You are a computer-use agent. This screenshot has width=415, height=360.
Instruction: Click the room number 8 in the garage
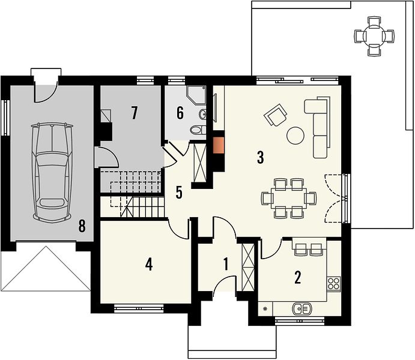(82, 226)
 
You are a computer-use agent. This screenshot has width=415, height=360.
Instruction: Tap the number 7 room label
(134, 113)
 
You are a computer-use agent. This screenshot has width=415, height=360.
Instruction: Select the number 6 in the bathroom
(180, 113)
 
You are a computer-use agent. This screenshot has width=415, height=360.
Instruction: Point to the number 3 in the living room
(261, 157)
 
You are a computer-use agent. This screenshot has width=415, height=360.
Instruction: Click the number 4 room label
(149, 265)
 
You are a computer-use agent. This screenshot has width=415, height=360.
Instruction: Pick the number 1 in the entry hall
(226, 264)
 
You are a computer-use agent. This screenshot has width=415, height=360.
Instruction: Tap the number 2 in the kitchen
(298, 277)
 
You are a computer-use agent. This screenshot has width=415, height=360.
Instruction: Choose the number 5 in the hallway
(179, 192)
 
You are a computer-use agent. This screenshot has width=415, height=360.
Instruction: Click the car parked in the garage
(52, 172)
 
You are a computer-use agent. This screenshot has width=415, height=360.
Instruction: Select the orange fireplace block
(219, 145)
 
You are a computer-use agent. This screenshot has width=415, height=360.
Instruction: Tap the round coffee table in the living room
(295, 136)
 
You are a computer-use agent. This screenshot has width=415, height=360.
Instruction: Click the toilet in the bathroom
(198, 130)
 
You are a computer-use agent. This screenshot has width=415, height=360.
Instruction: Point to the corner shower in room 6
(196, 95)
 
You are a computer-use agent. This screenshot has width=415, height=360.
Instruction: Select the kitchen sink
(302, 308)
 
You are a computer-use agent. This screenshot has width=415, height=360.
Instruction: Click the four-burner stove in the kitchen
(333, 284)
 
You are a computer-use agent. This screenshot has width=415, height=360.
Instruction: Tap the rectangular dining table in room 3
(289, 198)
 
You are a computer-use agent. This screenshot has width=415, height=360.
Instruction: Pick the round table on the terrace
(374, 36)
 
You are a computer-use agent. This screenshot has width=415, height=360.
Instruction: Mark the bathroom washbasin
(202, 114)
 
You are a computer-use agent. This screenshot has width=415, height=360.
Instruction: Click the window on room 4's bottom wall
(139, 308)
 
